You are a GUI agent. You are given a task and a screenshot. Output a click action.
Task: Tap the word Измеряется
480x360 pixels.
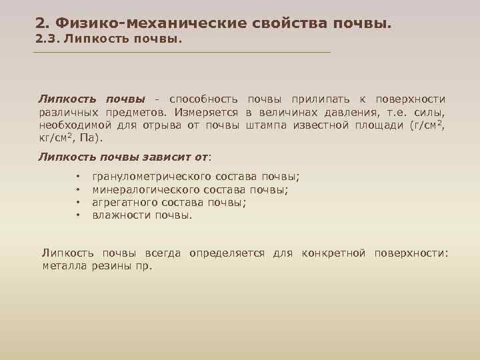(208, 112)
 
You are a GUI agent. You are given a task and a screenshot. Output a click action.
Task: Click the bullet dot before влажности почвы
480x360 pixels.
(78, 215)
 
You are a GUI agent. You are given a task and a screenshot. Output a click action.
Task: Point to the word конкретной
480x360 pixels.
(333, 253)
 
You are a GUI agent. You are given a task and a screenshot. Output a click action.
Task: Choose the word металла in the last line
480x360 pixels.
(63, 266)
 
